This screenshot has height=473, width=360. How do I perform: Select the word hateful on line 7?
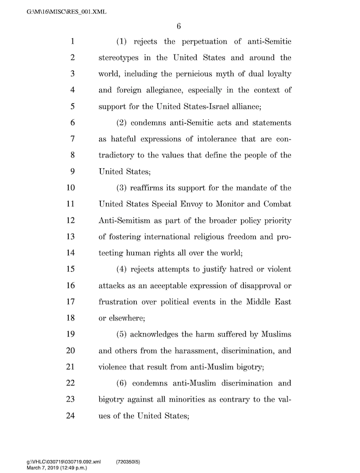(x=126, y=138)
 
